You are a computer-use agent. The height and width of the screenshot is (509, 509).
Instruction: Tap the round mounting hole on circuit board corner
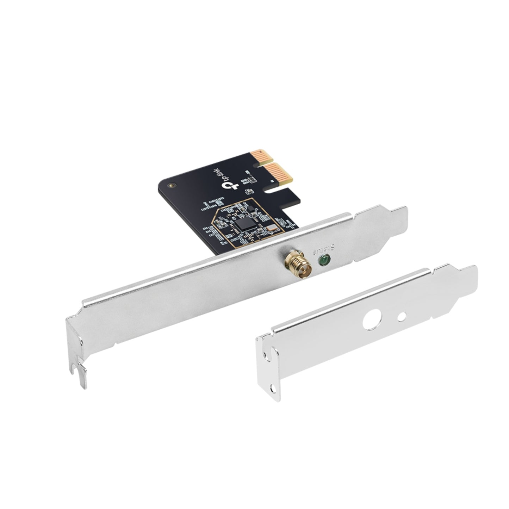click(172, 185)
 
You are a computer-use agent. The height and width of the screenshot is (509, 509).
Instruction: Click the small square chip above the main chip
click(252, 209)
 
